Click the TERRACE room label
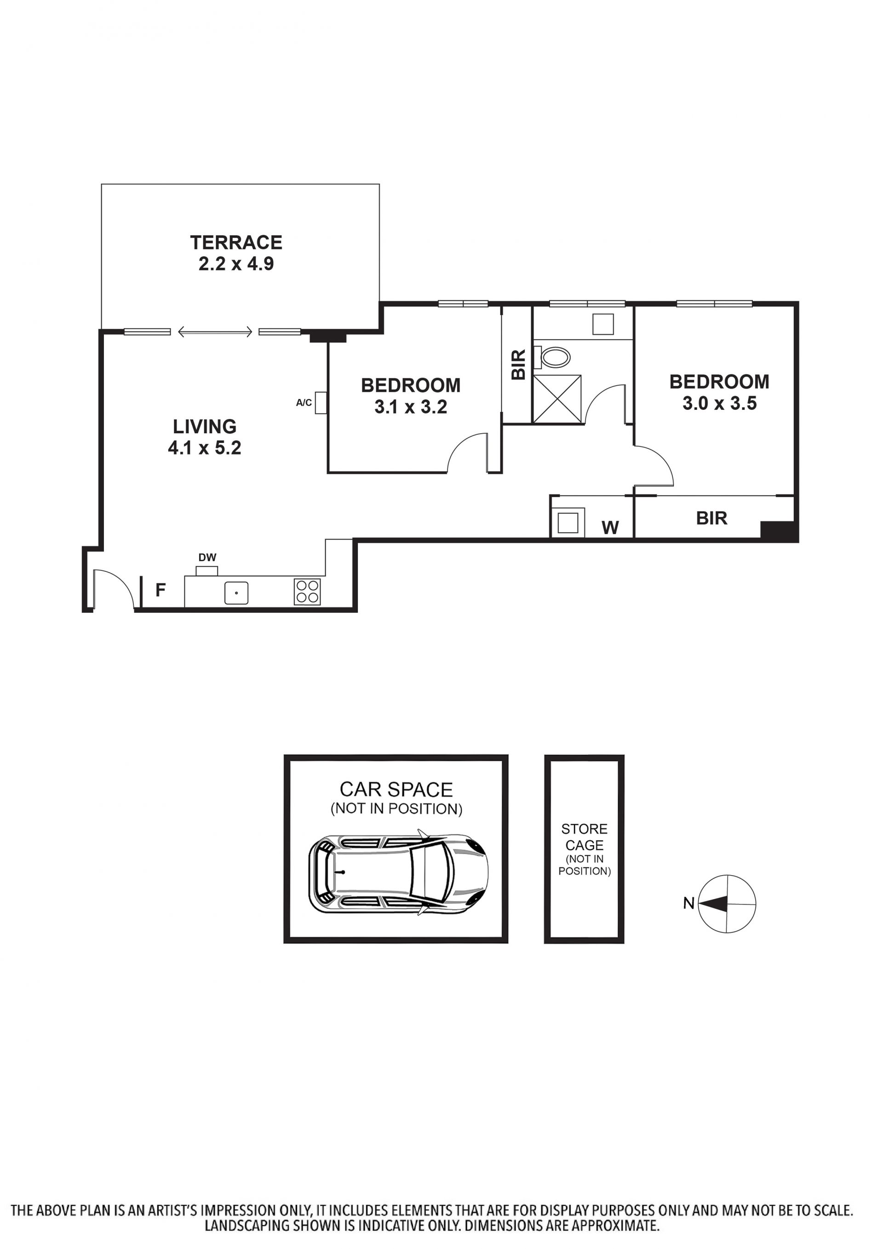pyautogui.click(x=236, y=242)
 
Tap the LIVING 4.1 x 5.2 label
pyautogui.click(x=205, y=437)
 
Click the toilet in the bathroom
pyautogui.click(x=552, y=358)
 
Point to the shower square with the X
pyautogui.click(x=557, y=399)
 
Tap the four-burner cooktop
pyautogui.click(x=307, y=592)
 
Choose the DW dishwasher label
pyautogui.click(x=207, y=558)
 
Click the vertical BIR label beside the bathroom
pyautogui.click(x=519, y=365)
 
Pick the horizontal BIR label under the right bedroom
pyautogui.click(x=712, y=518)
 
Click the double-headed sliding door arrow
pyautogui.click(x=215, y=331)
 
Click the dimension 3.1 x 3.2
pyautogui.click(x=411, y=407)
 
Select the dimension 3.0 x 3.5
pyautogui.click(x=719, y=403)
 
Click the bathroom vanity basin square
pyautogui.click(x=603, y=325)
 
